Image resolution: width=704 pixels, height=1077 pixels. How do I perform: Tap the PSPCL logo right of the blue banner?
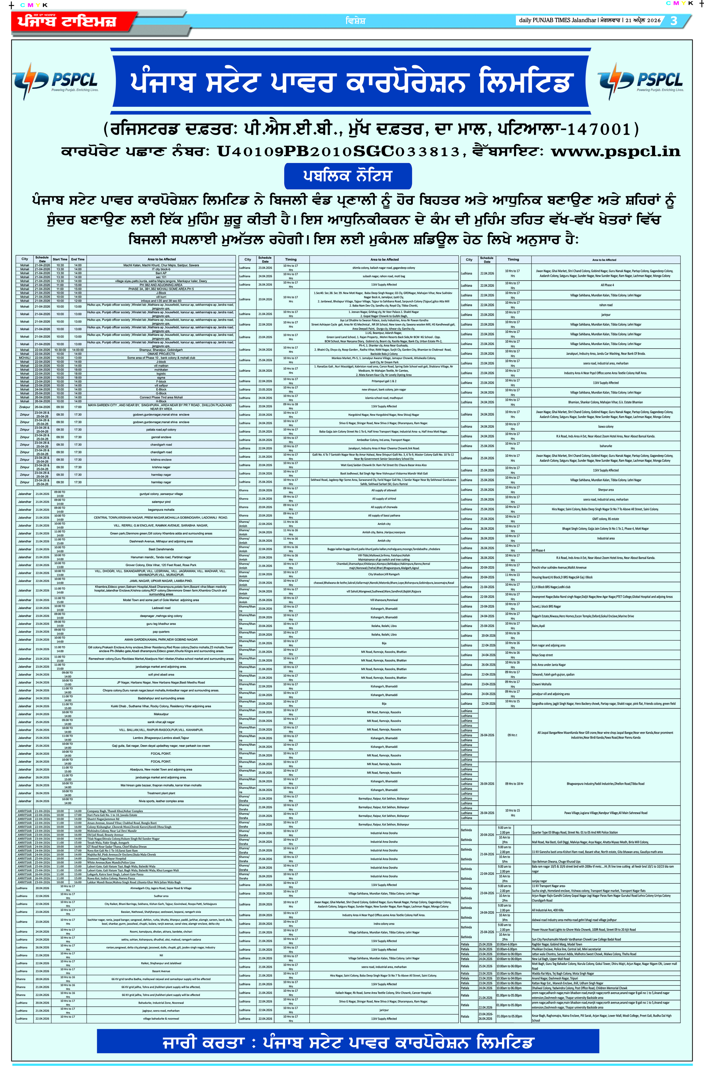(640, 80)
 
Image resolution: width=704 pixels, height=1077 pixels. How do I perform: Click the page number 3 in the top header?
(674, 20)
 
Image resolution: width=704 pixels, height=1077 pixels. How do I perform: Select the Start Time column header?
(60, 259)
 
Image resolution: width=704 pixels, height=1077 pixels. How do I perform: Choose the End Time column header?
(78, 259)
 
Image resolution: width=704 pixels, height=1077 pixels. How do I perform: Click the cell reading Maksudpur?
(161, 714)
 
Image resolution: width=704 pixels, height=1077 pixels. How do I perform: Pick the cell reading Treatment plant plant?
(161, 793)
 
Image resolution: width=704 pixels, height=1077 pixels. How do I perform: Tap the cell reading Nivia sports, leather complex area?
(161, 801)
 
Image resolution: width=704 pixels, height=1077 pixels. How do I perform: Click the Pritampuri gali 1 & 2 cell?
(384, 381)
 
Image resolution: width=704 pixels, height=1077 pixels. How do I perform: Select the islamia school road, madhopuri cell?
(384, 398)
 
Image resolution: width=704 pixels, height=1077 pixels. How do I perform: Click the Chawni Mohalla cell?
(542, 684)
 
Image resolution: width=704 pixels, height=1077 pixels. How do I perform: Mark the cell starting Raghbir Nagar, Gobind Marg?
(557, 944)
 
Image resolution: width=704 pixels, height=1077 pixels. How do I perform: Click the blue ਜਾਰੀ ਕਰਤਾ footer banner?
(347, 1042)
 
